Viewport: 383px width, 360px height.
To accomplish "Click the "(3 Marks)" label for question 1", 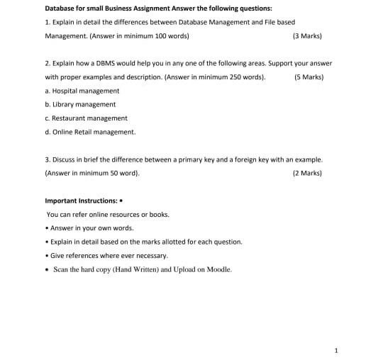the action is (x=306, y=35).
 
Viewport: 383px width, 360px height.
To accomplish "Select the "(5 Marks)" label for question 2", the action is (x=309, y=77).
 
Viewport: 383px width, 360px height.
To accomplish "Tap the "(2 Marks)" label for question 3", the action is (x=306, y=172).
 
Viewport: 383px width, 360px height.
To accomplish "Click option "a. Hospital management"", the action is (x=82, y=91).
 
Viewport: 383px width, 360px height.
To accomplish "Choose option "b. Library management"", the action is (x=80, y=104).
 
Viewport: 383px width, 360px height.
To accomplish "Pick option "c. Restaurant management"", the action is (x=86, y=118).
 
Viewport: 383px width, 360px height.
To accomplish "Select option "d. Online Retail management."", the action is (x=90, y=131).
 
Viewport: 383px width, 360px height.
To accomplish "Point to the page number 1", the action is (x=336, y=349).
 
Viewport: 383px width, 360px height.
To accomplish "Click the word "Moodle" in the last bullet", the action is (x=217, y=269).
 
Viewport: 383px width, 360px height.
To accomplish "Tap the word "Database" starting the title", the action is (x=61, y=9).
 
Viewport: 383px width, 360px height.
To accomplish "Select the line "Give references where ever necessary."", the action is (x=109, y=255).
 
